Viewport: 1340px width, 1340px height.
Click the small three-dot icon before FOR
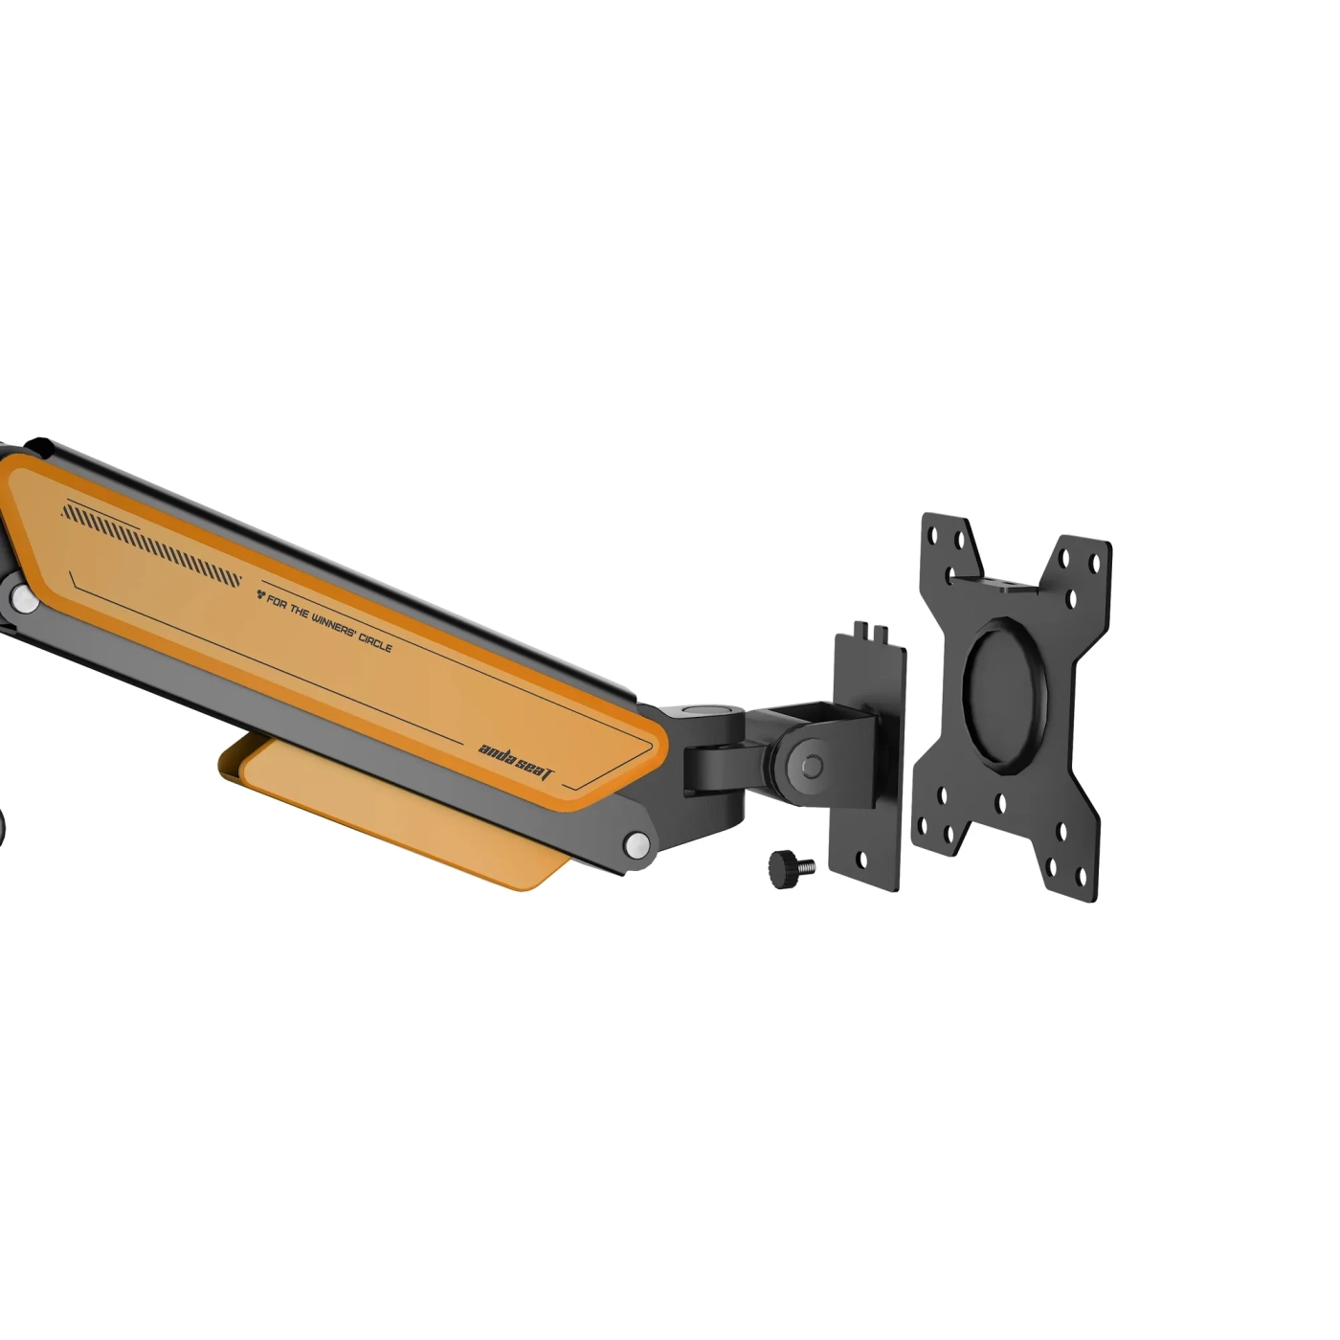260,594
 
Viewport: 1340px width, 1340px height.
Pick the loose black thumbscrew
791,867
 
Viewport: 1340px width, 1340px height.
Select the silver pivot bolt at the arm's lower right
636,844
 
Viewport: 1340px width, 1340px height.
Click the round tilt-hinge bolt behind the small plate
810,766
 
